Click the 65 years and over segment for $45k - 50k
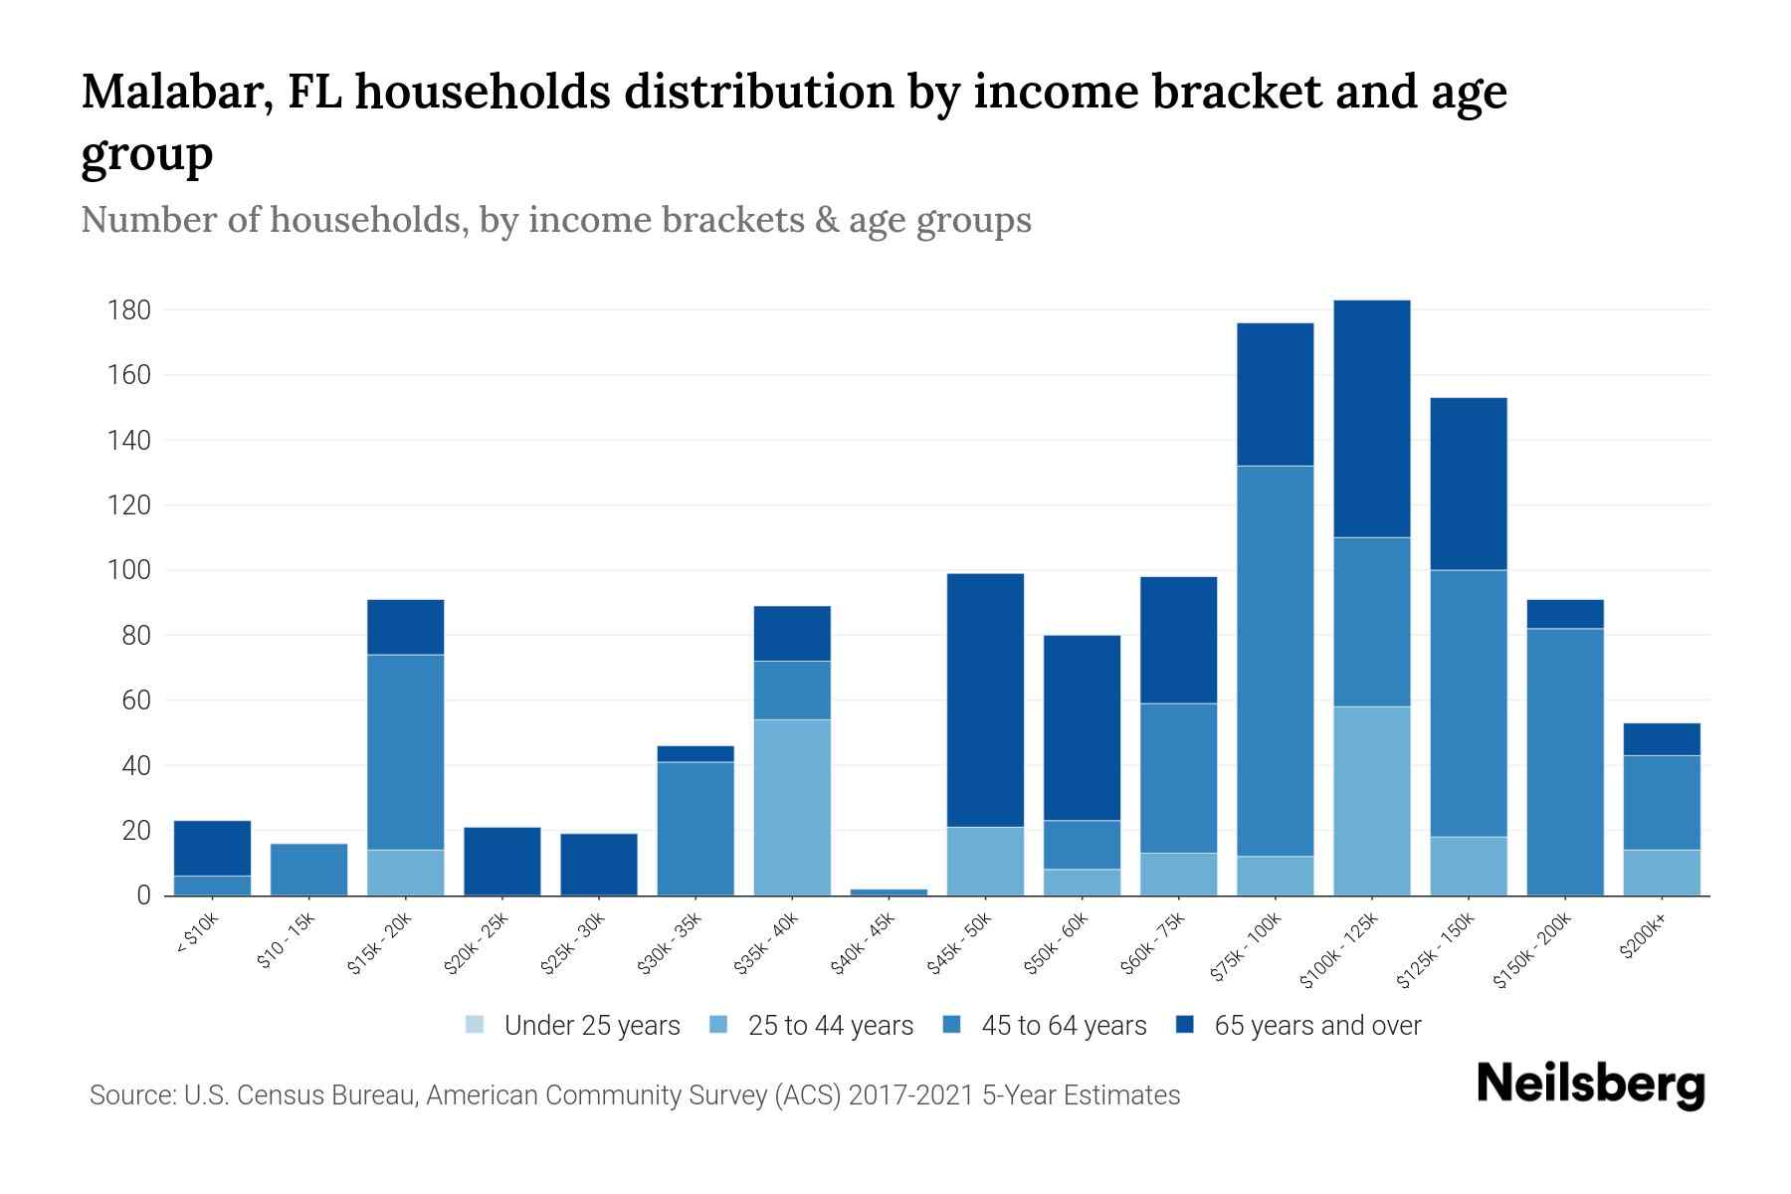pos(985,699)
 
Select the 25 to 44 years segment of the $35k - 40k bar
pos(792,807)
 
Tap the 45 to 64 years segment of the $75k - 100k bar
pos(1275,661)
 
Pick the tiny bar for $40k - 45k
pos(889,892)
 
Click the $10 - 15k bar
pos(308,870)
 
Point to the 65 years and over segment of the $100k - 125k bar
pos(1371,418)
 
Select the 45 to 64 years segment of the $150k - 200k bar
pos(1565,761)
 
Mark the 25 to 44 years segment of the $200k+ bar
pos(1662,873)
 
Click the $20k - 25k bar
pos(501,861)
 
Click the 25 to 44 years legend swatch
pos(719,1025)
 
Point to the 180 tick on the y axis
pos(129,310)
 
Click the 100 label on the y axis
pos(129,571)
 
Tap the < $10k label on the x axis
pos(199,934)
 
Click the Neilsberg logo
pos(1590,1085)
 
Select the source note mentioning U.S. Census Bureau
pos(634,1095)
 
